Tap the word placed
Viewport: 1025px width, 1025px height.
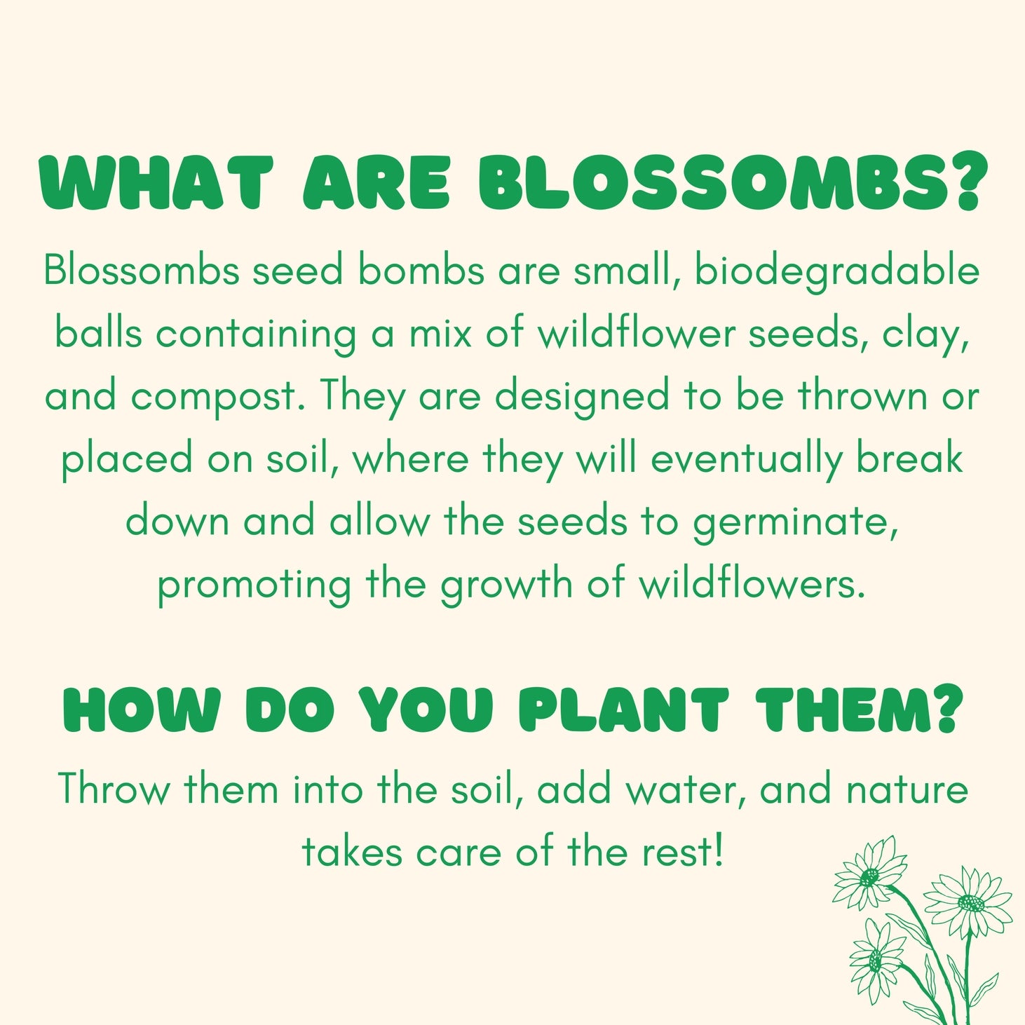[x=127, y=461]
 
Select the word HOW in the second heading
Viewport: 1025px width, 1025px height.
[x=142, y=711]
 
